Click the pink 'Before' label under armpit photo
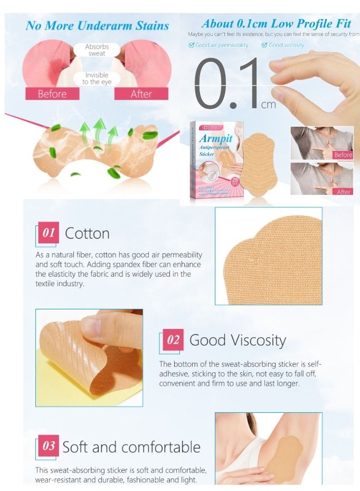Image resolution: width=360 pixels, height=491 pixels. coord(52,94)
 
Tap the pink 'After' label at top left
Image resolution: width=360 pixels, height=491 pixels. coord(141,94)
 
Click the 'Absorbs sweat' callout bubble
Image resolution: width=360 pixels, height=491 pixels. coord(97,50)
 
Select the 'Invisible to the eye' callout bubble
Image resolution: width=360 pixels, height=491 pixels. coord(97,79)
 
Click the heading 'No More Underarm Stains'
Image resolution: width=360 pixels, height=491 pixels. coord(97,25)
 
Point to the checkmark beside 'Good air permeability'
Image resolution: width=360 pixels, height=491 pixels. coord(192,45)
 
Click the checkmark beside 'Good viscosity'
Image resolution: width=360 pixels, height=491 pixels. coord(264,45)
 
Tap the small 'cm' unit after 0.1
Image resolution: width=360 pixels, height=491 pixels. coord(268,105)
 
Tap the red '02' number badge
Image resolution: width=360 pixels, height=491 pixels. coord(173,340)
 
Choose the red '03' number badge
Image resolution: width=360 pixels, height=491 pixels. coord(49,446)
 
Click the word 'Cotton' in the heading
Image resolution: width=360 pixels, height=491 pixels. coord(87,233)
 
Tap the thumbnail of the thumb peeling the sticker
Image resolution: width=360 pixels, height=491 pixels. coord(89,357)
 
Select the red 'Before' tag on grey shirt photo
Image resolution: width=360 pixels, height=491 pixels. coord(343,155)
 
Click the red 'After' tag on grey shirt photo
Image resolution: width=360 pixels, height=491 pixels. coord(344,192)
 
